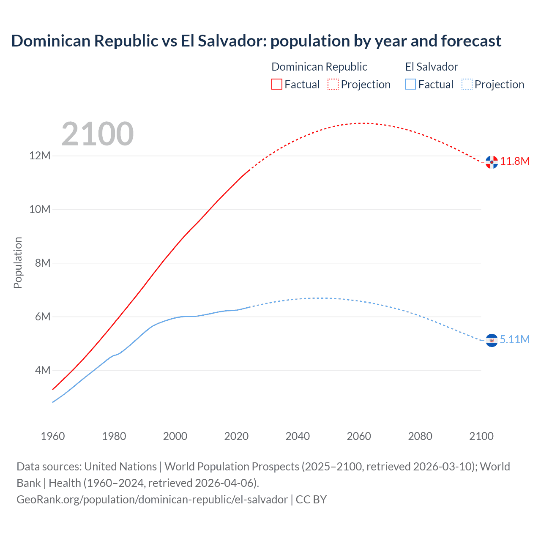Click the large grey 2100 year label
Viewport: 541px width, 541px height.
(x=98, y=134)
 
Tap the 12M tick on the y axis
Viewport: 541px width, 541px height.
(x=40, y=156)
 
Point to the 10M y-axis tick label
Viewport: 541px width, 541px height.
(x=40, y=210)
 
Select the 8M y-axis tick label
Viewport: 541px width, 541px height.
(x=43, y=263)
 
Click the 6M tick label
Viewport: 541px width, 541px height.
(x=43, y=317)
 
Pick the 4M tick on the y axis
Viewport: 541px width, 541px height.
(x=43, y=371)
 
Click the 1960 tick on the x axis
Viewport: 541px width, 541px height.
(x=53, y=436)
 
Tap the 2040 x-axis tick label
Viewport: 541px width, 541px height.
(x=298, y=436)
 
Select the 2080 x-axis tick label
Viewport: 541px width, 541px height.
(x=420, y=436)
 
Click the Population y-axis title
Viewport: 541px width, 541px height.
(x=18, y=263)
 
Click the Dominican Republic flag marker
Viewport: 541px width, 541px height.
(x=492, y=162)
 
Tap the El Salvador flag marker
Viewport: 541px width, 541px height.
(x=492, y=340)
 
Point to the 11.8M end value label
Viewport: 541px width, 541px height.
(x=515, y=161)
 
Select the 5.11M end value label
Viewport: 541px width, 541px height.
(x=515, y=340)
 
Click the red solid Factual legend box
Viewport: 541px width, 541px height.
(x=277, y=84)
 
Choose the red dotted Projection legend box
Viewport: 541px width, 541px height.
(x=333, y=84)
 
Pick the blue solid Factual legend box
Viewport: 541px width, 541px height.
(x=410, y=84)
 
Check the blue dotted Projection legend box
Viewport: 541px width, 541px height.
(x=467, y=84)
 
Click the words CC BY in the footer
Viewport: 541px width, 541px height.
(x=311, y=500)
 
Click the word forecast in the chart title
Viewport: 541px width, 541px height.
(x=471, y=41)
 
